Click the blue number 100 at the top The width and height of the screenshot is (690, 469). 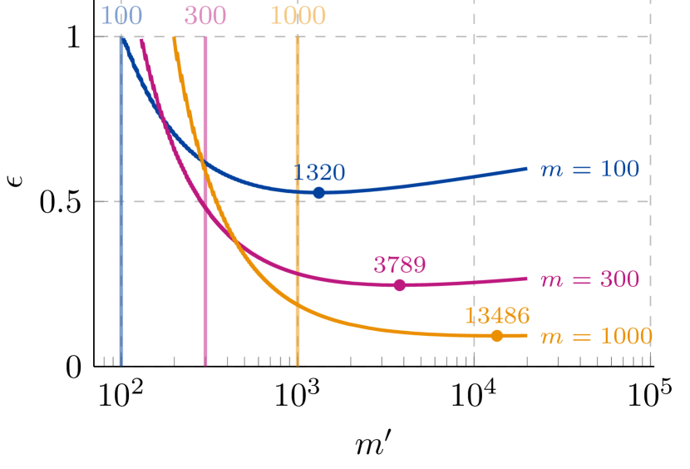click(121, 16)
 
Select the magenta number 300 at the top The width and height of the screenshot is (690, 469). click(205, 16)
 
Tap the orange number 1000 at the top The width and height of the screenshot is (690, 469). click(298, 16)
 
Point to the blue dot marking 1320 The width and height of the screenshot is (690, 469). click(319, 193)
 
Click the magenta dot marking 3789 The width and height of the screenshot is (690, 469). click(400, 285)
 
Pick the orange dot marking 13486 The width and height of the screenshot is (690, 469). click(497, 336)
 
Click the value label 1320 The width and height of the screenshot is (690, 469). click(319, 173)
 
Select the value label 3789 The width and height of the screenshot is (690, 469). click(400, 265)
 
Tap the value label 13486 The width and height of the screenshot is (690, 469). click(497, 316)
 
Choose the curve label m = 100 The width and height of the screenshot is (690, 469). click(589, 170)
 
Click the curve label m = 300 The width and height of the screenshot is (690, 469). click(589, 279)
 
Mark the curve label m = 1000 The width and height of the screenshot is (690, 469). click(596, 337)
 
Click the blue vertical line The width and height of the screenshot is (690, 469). click(121, 249)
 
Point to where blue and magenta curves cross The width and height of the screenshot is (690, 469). click(163, 124)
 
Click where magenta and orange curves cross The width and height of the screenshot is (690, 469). click(237, 241)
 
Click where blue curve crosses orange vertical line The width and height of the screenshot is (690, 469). click(298, 191)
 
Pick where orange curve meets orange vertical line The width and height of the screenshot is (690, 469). click(298, 304)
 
